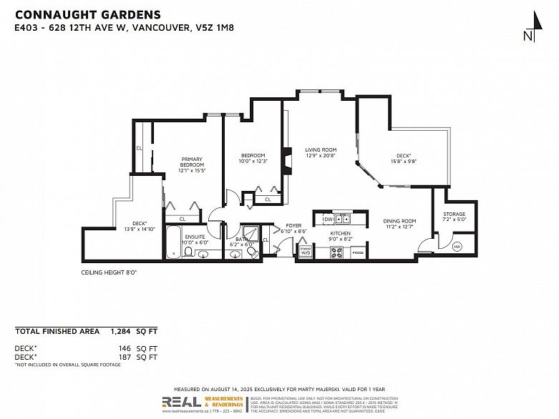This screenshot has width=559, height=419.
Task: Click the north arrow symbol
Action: click(x=528, y=26)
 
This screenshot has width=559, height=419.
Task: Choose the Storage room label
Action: click(x=454, y=214)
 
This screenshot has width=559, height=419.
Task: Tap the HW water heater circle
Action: click(x=457, y=247)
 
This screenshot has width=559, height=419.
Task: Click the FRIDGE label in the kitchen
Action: click(x=358, y=253)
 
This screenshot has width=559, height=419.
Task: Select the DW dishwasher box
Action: click(x=327, y=219)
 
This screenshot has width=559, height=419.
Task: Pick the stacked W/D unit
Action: click(x=306, y=251)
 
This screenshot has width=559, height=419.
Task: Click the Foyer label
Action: click(x=293, y=226)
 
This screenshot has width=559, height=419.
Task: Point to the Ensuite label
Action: click(x=195, y=237)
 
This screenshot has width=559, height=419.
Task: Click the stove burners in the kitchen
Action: click(x=336, y=252)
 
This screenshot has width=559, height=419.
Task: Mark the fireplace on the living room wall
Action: click(x=286, y=161)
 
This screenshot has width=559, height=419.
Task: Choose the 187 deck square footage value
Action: click(x=126, y=357)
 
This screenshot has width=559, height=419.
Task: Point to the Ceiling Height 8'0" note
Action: click(x=109, y=272)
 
